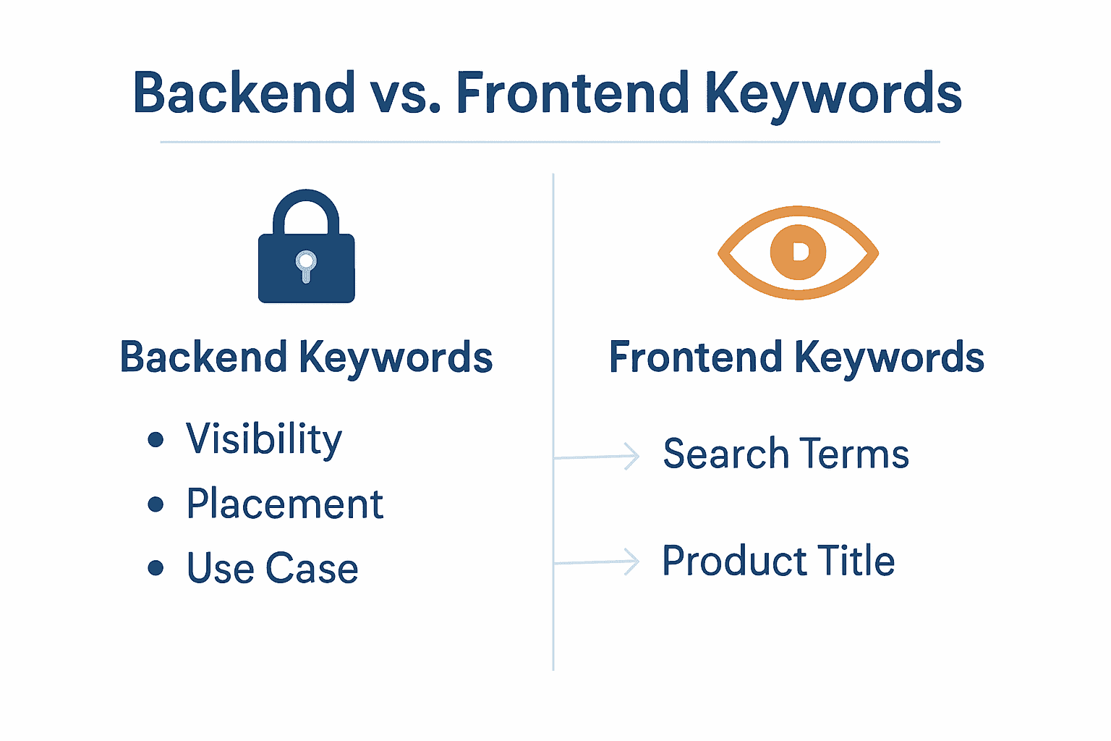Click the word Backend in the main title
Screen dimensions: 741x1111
click(244, 93)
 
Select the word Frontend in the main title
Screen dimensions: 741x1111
click(572, 93)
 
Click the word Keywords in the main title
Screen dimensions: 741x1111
click(833, 95)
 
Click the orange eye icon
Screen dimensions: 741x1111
click(798, 253)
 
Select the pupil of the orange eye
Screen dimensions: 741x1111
click(798, 252)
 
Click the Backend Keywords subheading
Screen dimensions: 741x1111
click(306, 357)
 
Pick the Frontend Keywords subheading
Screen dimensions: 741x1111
click(796, 357)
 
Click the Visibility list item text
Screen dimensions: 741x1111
click(264, 439)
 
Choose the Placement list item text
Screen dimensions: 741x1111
click(284, 504)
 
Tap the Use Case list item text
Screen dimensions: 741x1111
click(273, 568)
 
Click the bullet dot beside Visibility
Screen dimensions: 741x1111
click(156, 439)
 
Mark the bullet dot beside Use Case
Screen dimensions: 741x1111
click(156, 567)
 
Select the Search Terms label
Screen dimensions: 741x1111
click(786, 454)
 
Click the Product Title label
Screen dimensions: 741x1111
click(778, 561)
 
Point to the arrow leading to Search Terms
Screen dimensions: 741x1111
click(597, 457)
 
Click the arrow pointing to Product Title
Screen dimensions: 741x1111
click(597, 562)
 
